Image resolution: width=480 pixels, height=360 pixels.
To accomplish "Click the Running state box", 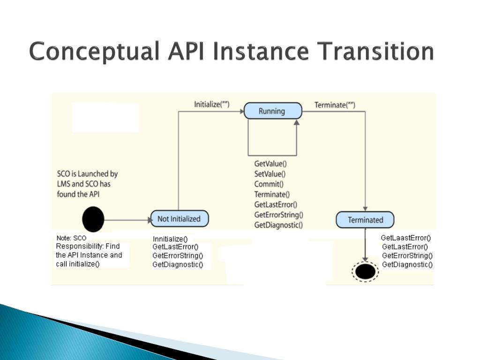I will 272,111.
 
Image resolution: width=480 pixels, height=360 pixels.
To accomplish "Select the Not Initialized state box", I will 179,219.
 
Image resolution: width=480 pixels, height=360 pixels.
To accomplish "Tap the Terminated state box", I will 365,220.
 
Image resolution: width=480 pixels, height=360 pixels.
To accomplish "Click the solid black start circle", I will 93,219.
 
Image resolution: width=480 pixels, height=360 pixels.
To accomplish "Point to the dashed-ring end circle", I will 365,271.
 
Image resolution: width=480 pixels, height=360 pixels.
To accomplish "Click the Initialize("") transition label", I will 212,104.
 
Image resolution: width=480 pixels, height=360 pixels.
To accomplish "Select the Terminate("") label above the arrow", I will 335,105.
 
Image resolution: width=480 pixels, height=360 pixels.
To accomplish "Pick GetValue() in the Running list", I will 270,164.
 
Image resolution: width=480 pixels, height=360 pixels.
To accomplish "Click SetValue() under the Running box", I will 270,174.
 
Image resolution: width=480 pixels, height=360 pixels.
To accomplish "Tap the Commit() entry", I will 269,184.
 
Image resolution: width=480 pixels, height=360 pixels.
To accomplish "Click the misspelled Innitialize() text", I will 170,239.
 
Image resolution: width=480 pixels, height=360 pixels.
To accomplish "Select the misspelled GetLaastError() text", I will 406,238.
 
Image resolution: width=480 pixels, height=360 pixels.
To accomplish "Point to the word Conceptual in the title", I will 92,51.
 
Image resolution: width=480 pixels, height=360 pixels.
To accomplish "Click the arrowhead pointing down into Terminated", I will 365,208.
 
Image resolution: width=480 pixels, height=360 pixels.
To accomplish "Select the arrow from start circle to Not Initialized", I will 127,219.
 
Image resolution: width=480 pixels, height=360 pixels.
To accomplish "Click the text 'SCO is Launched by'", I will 87,174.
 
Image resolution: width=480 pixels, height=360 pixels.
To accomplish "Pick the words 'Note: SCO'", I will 71,238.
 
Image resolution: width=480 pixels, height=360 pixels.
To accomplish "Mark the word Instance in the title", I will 260,51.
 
